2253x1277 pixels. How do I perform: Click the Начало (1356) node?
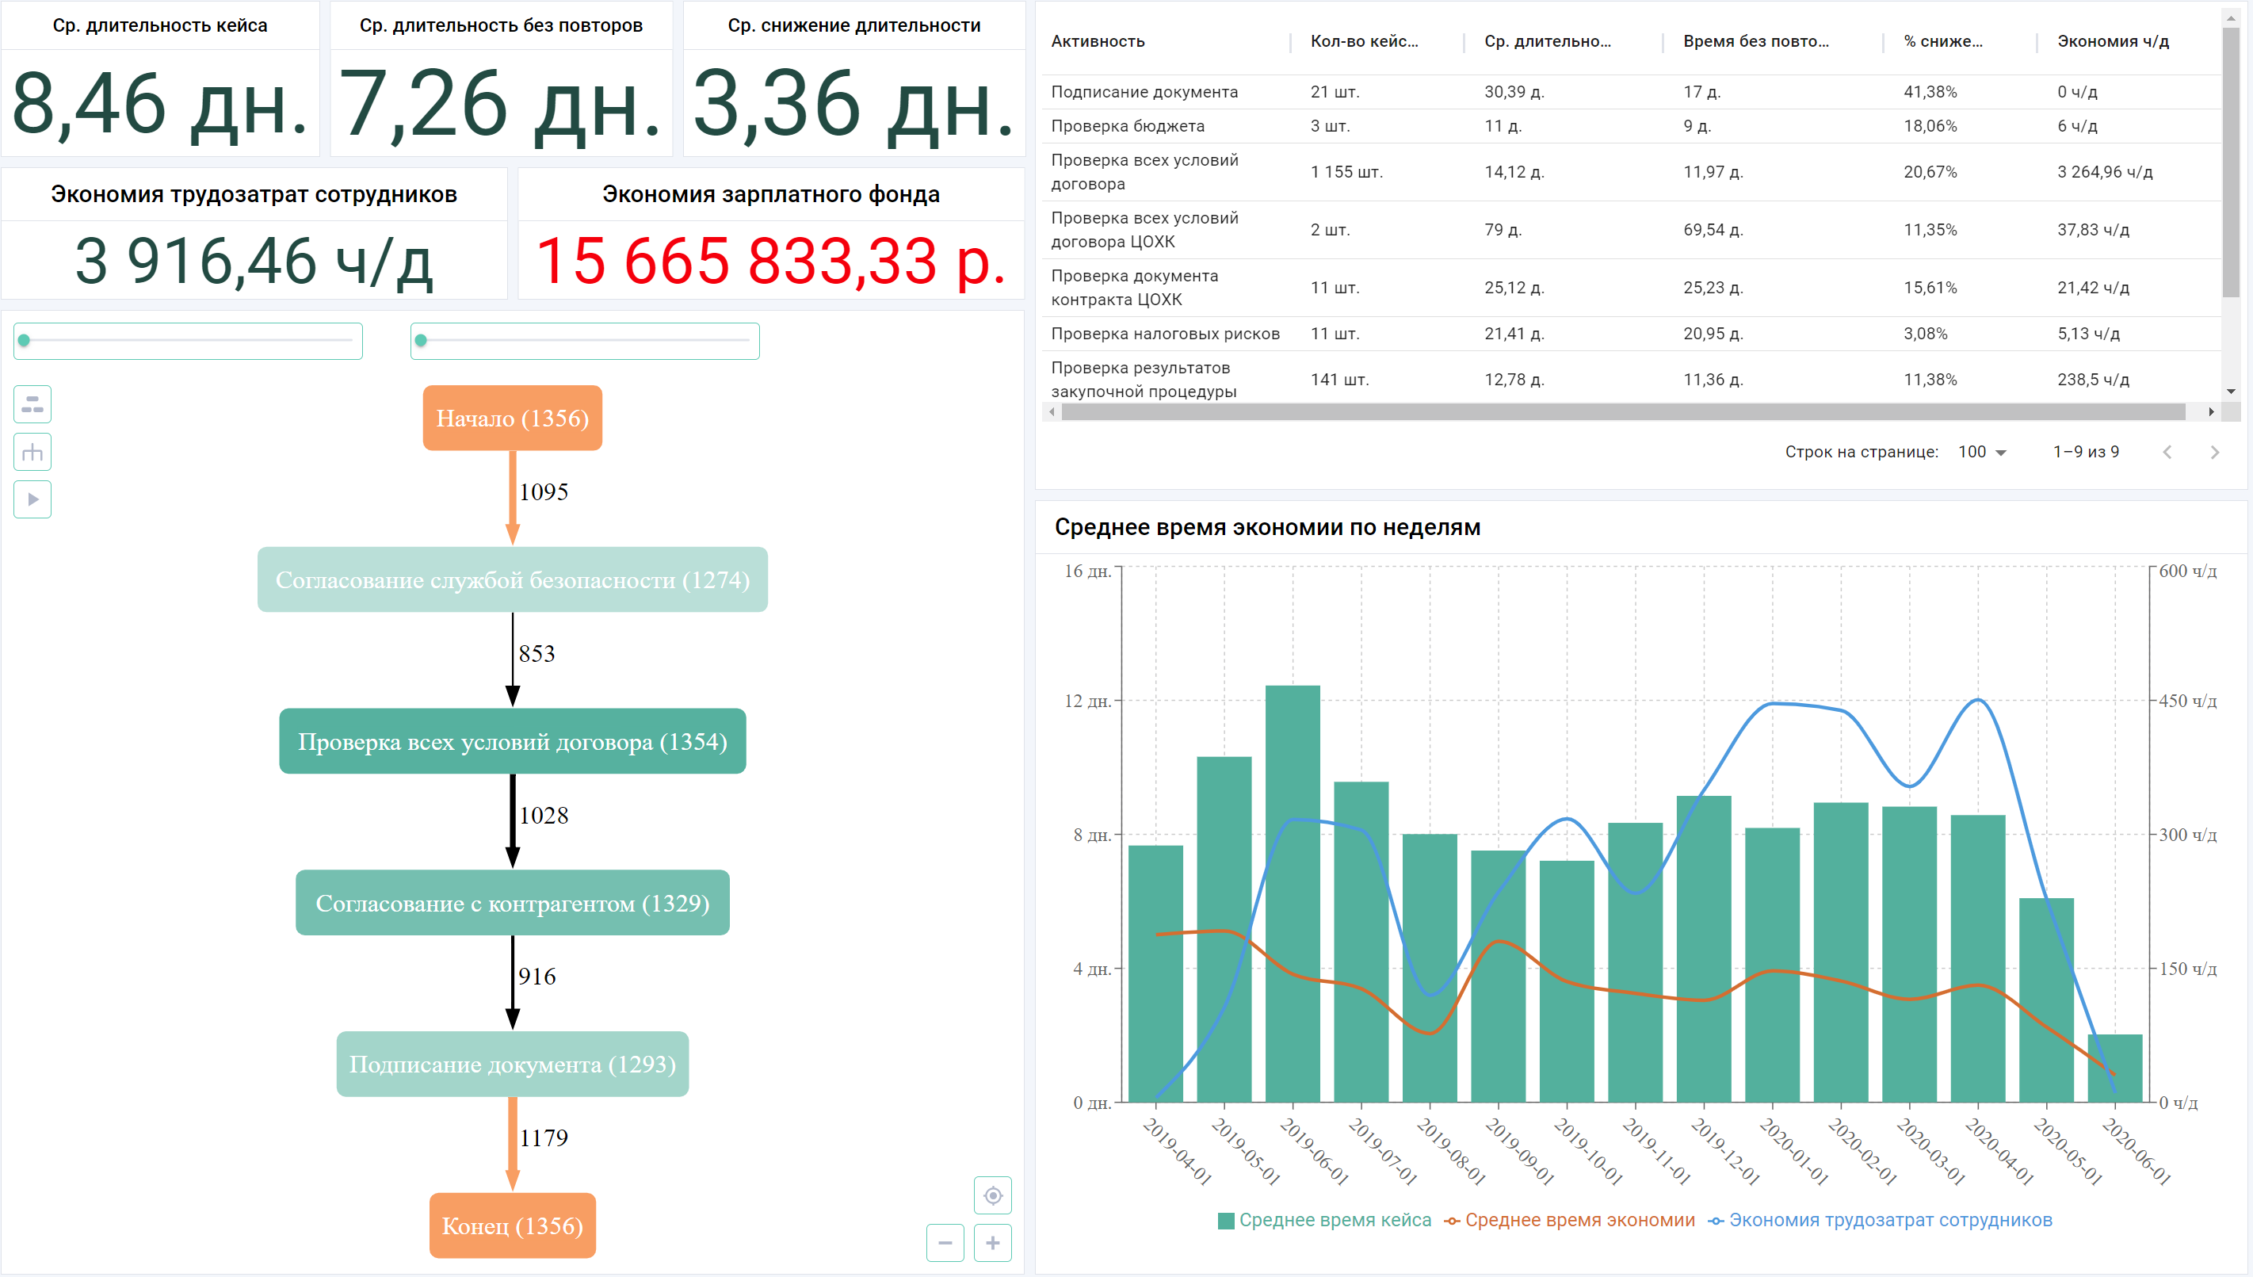pos(512,419)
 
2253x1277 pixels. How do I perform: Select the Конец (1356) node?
pos(512,1225)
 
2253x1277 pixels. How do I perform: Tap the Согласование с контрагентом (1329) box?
pos(512,903)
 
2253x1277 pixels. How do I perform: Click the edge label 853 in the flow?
pos(537,653)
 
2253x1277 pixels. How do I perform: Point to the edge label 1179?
pos(544,1137)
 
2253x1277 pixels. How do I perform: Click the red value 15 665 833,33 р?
pos(769,262)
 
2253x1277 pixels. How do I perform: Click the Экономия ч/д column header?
pos(2113,41)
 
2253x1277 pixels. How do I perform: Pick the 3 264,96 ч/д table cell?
pos(2104,172)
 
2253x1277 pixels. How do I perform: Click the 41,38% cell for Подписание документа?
pos(1930,91)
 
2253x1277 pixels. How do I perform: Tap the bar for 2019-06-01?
pos(1293,895)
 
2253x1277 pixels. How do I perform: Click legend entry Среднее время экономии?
pos(1579,1220)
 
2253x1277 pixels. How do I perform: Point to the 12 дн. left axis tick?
pos(1087,701)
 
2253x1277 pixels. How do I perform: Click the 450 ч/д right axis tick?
pos(2187,701)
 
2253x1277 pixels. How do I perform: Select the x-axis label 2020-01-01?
pos(1793,1152)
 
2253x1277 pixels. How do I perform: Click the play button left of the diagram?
pos(32,499)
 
